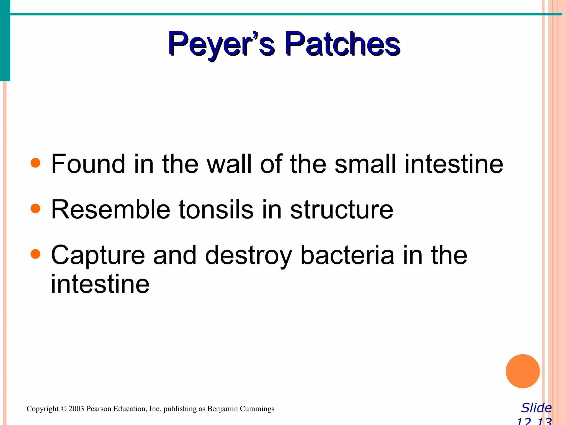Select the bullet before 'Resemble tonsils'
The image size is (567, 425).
tap(35, 208)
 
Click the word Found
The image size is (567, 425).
tap(88, 164)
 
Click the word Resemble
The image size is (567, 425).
tap(110, 209)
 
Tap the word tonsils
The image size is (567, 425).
tap(216, 209)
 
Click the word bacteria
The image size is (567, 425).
tap(347, 255)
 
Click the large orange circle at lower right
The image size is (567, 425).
tap(522, 371)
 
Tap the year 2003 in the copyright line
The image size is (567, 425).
tap(76, 409)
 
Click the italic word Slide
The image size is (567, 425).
tap(536, 408)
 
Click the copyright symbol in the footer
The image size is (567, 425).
tap(64, 409)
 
